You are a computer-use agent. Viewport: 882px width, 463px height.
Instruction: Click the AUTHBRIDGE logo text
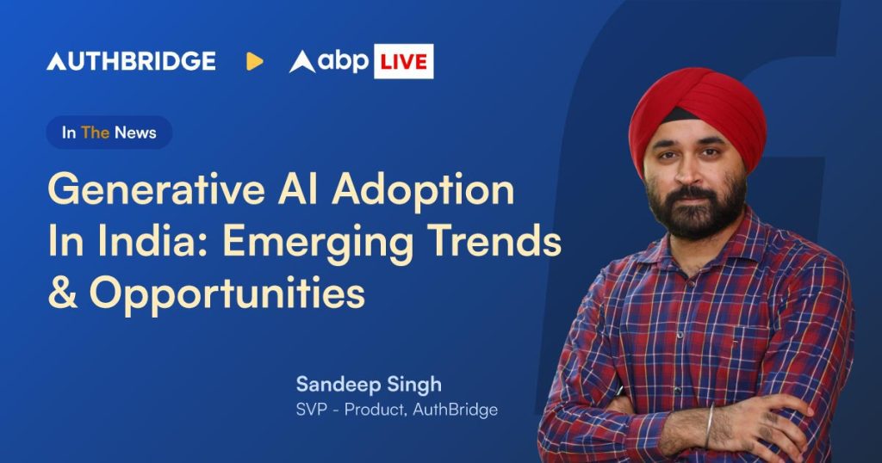point(131,61)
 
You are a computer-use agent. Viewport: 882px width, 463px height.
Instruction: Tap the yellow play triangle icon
point(254,61)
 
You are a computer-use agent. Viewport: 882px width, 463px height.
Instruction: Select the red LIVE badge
point(403,61)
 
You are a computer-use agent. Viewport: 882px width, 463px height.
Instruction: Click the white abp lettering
point(343,60)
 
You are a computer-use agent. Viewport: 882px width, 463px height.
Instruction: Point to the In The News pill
point(109,133)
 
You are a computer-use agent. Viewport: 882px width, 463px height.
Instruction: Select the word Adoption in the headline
point(422,190)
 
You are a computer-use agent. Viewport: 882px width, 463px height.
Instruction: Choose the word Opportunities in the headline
point(227,294)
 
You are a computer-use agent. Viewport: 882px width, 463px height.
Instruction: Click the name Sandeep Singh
point(369,386)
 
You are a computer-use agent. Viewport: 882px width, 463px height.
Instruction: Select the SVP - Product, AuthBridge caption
point(396,410)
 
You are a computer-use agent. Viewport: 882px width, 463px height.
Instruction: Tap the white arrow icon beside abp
point(302,62)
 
